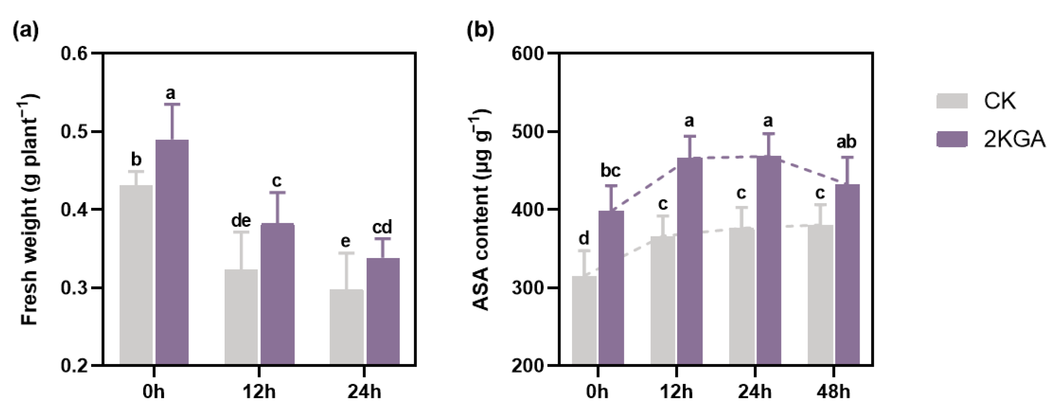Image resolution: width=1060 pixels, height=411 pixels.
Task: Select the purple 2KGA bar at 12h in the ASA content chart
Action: pyautogui.click(x=690, y=261)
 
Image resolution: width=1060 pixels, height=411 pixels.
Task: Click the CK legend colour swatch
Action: pyautogui.click(x=952, y=101)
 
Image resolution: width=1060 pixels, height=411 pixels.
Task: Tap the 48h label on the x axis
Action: pyautogui.click(x=833, y=391)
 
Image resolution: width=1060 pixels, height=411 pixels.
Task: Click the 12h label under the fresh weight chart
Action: pyautogui.click(x=259, y=391)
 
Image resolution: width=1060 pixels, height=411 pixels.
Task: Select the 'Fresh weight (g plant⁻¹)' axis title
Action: pyautogui.click(x=30, y=210)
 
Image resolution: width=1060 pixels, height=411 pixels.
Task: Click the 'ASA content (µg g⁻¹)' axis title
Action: pyautogui.click(x=480, y=210)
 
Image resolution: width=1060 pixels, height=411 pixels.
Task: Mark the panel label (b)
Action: pyautogui.click(x=480, y=30)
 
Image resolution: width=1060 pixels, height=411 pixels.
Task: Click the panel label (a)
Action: pyautogui.click(x=26, y=30)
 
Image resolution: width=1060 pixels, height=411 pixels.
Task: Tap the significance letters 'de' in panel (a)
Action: pyautogui.click(x=241, y=221)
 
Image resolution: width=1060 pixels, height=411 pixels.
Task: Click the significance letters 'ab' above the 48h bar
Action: pyautogui.click(x=846, y=142)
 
